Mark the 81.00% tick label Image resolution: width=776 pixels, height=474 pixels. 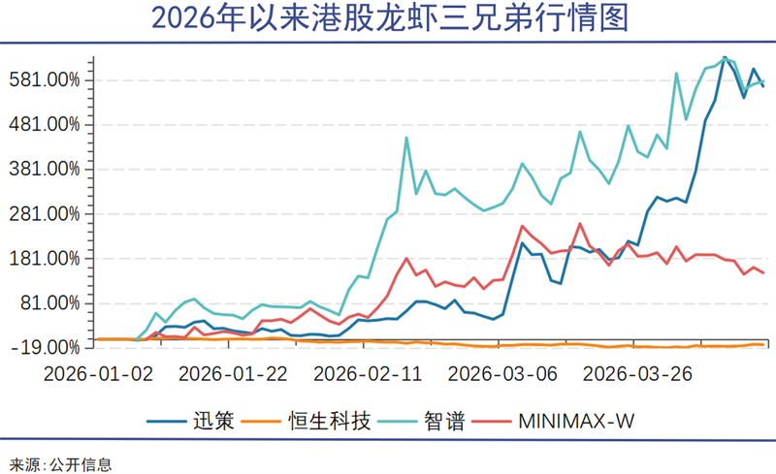coord(52,302)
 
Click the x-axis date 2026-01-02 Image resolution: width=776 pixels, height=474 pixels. coord(99,372)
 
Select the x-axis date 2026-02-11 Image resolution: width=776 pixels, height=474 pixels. coord(366,372)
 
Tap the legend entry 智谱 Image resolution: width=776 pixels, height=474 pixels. coord(443,421)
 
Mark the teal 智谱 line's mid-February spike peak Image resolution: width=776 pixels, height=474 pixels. coord(406,138)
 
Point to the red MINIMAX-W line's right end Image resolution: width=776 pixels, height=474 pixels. coord(763,272)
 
